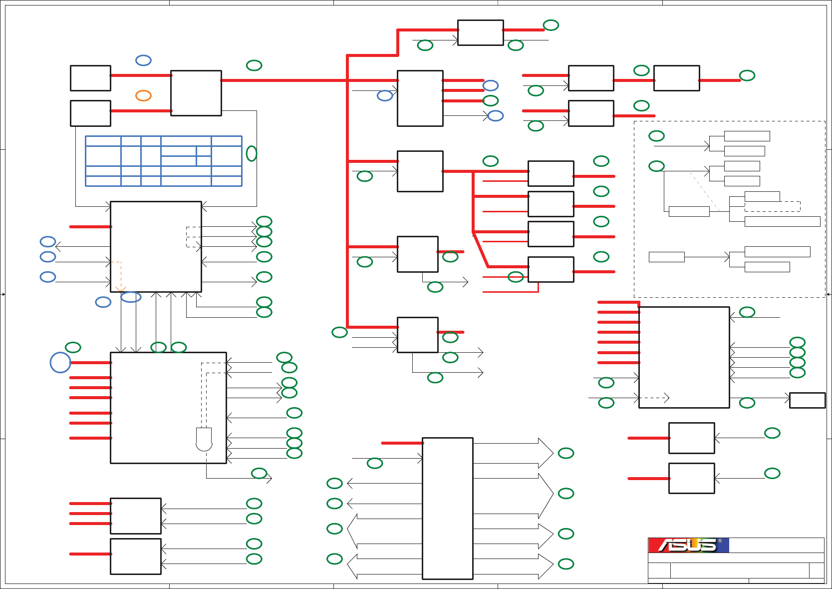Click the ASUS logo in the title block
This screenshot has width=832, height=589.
[688, 545]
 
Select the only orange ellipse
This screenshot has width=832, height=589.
[143, 95]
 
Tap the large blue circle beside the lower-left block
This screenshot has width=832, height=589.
[60, 363]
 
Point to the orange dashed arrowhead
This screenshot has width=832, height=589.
[120, 289]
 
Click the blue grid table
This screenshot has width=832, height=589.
[164, 161]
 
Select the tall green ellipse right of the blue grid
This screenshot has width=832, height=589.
[252, 153]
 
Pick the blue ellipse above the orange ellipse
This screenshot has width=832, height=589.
[143, 60]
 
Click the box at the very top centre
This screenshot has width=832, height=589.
[480, 33]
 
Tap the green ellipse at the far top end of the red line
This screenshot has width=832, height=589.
[551, 25]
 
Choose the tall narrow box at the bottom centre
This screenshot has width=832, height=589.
[448, 509]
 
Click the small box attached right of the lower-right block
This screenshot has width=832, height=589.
[807, 400]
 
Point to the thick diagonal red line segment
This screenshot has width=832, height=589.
[481, 250]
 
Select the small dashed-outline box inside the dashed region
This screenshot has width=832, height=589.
[772, 206]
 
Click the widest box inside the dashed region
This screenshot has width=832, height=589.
[782, 221]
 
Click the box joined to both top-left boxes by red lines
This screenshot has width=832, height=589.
[196, 93]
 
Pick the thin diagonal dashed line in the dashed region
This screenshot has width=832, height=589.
[704, 191]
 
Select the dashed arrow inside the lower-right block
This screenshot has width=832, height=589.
[654, 398]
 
